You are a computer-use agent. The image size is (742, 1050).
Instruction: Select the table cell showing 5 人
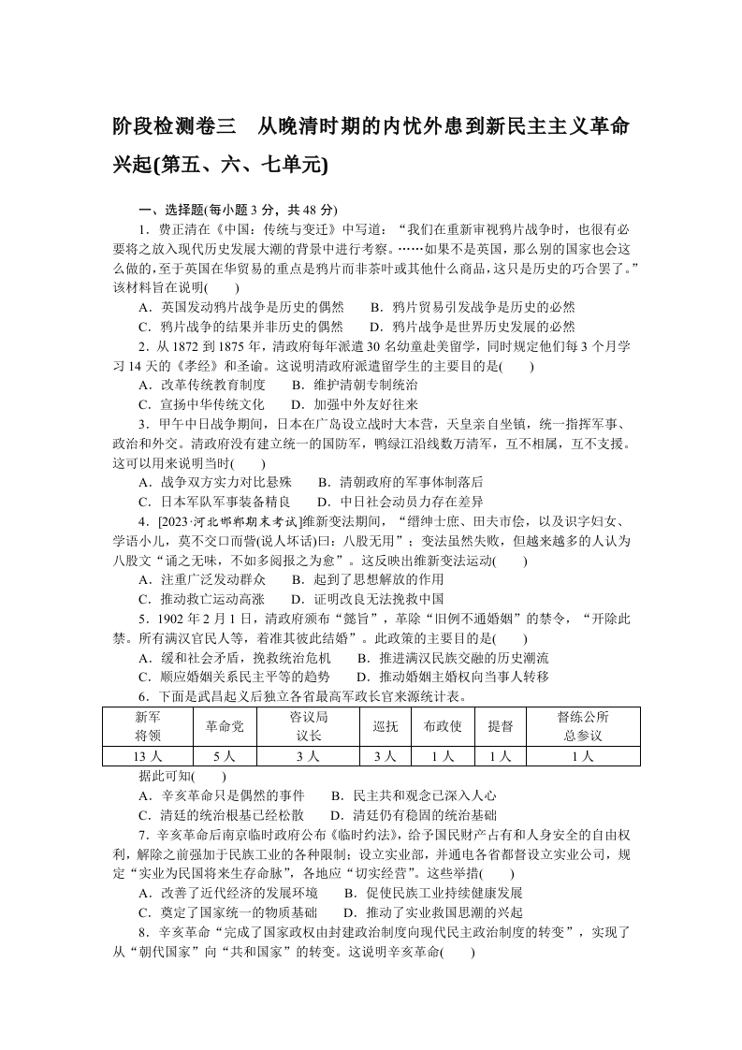pos(225,756)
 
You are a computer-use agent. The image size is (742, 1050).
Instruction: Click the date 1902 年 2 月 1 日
pos(198,619)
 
